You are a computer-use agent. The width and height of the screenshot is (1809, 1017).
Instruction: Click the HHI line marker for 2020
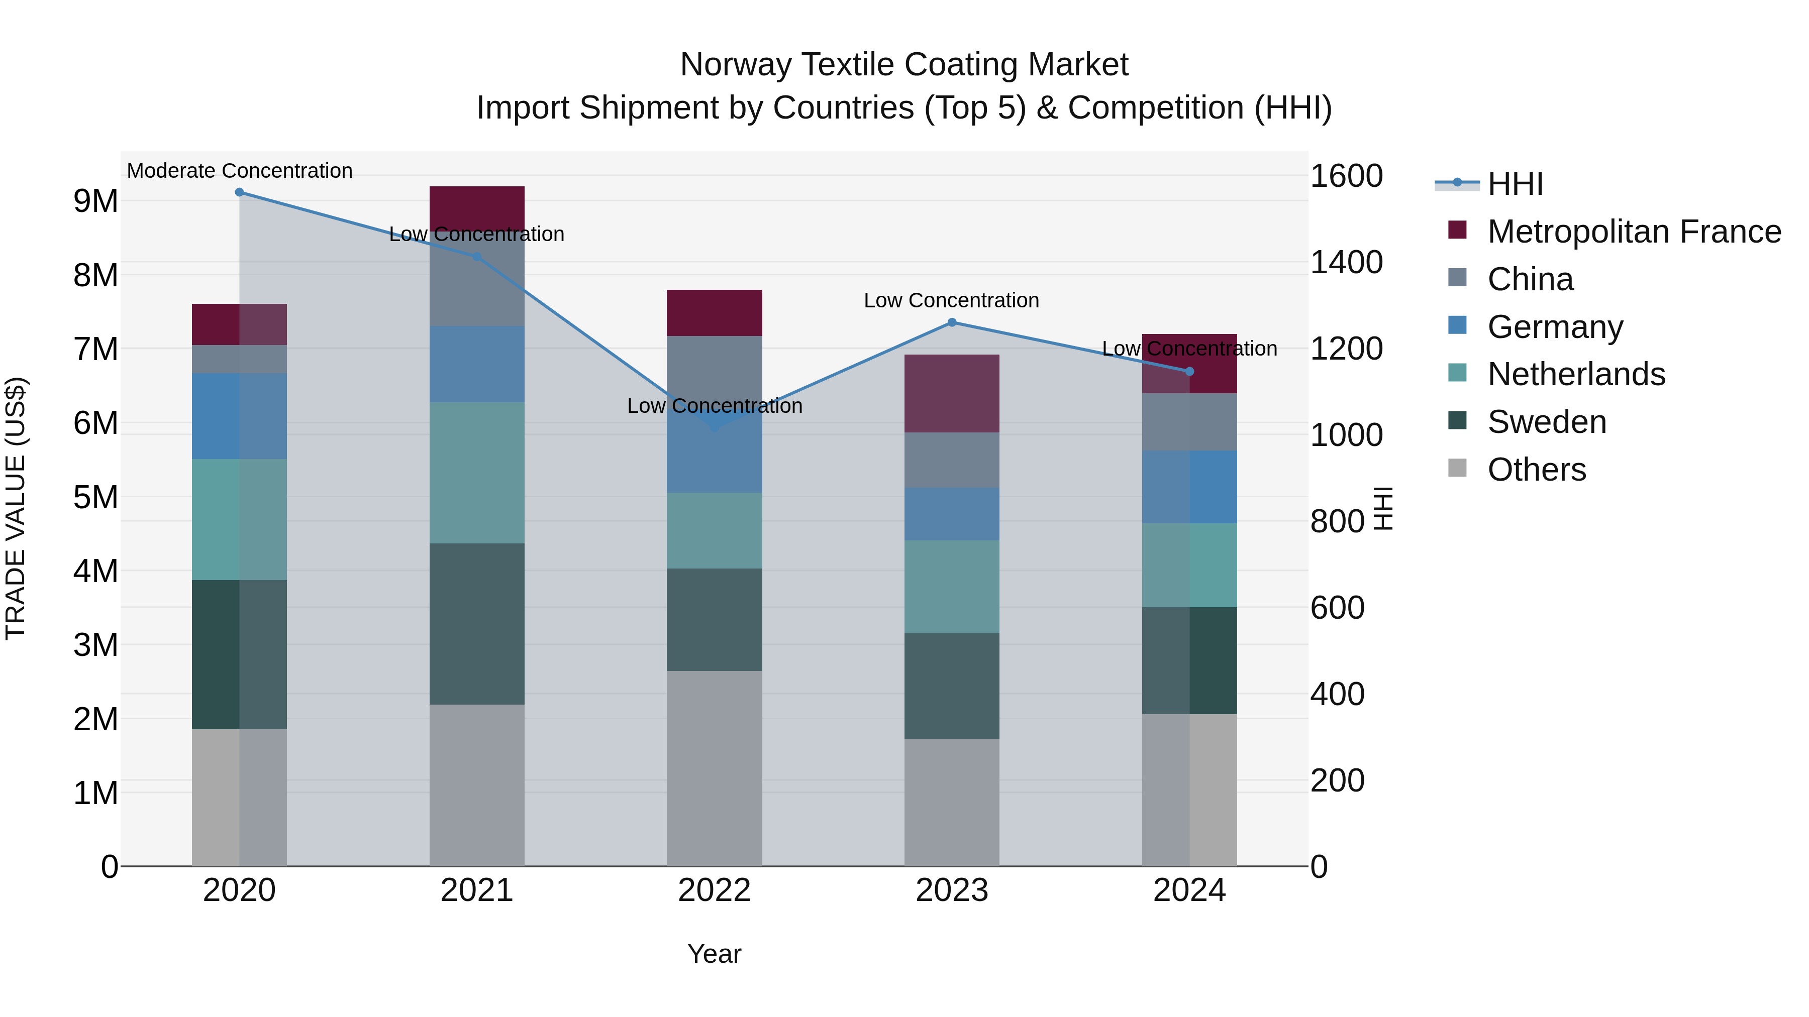click(x=240, y=192)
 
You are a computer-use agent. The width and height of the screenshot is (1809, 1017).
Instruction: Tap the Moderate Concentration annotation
click(x=240, y=171)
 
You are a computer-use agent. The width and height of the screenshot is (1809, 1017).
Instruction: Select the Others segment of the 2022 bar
click(x=714, y=768)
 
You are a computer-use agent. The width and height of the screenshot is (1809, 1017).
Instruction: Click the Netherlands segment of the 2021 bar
click(x=477, y=473)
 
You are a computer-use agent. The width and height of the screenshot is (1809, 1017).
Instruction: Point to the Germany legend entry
click(x=1555, y=327)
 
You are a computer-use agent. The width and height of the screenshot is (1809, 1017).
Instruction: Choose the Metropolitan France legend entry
click(x=1634, y=232)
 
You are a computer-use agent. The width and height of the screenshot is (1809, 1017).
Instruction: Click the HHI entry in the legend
click(x=1515, y=184)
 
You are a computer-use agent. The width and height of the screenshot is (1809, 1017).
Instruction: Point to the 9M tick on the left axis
click(x=95, y=201)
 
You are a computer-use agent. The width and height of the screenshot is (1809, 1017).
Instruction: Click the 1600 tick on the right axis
click(x=1346, y=176)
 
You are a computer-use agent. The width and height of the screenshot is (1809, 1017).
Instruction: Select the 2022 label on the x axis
click(x=714, y=890)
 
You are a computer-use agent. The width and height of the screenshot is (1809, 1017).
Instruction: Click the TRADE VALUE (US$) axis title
click(x=16, y=508)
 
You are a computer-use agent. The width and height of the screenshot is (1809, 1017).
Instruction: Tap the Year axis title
click(x=714, y=954)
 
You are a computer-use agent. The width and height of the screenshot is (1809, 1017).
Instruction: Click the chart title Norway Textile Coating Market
click(x=904, y=65)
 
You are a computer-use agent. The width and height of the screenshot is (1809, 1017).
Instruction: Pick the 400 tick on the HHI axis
click(x=1337, y=694)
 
